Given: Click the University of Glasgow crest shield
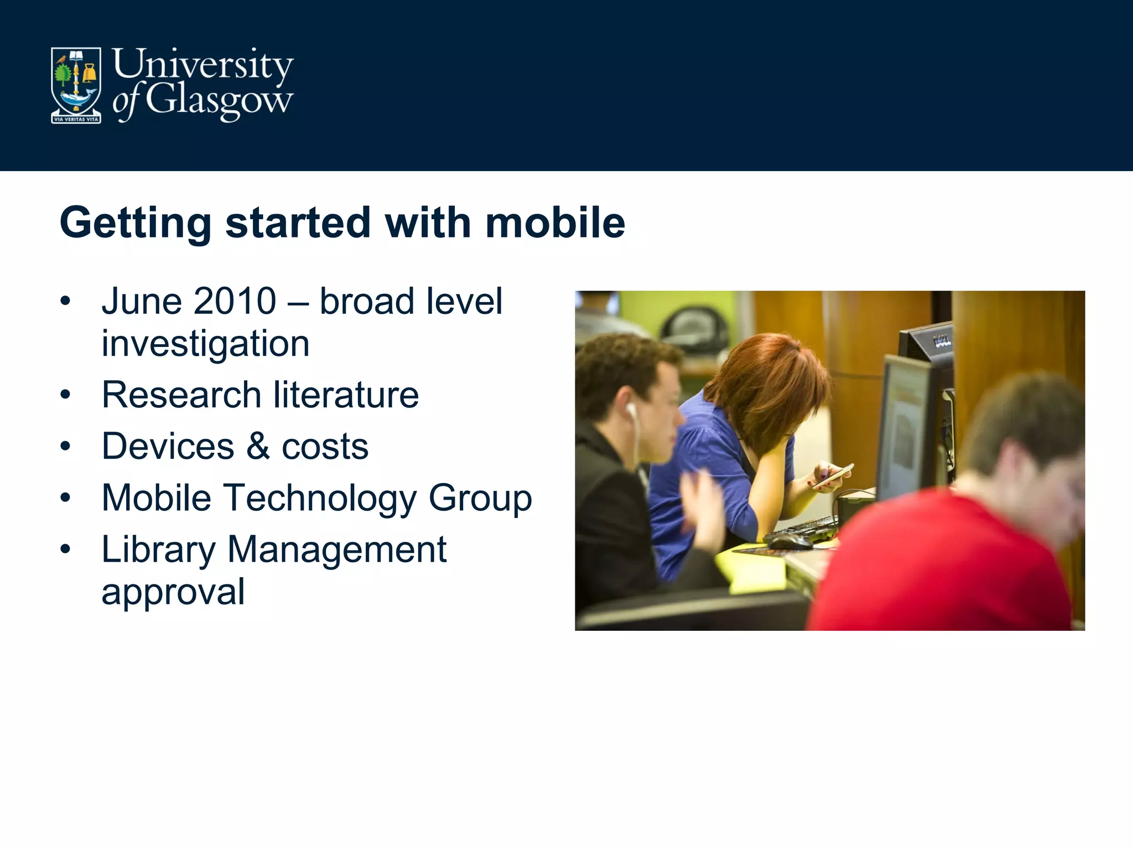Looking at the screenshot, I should point(76,85).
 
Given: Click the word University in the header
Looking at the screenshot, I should point(202,65).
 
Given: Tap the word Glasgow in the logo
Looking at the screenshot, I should point(219,101).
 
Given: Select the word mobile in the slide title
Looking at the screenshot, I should point(555,222).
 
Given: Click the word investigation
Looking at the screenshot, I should point(205,344).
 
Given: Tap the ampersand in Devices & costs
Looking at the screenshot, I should point(258,446).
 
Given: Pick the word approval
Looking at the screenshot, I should point(173,593).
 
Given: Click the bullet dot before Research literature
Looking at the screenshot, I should point(66,395).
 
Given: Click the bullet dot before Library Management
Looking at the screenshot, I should point(66,549).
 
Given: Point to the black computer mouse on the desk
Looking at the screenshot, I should point(789,541).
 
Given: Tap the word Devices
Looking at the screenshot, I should point(168,446).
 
